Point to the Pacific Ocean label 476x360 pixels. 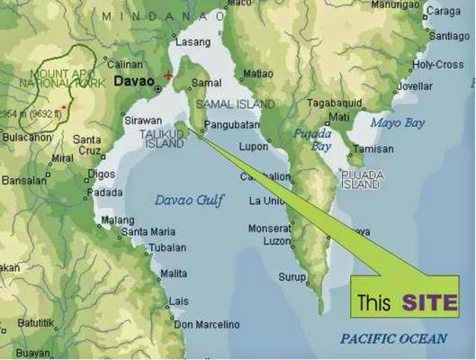tap(393, 338)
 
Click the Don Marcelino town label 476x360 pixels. tap(206, 324)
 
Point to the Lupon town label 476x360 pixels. tap(254, 146)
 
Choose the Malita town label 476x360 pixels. tap(174, 273)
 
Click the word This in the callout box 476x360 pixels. tap(373, 302)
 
